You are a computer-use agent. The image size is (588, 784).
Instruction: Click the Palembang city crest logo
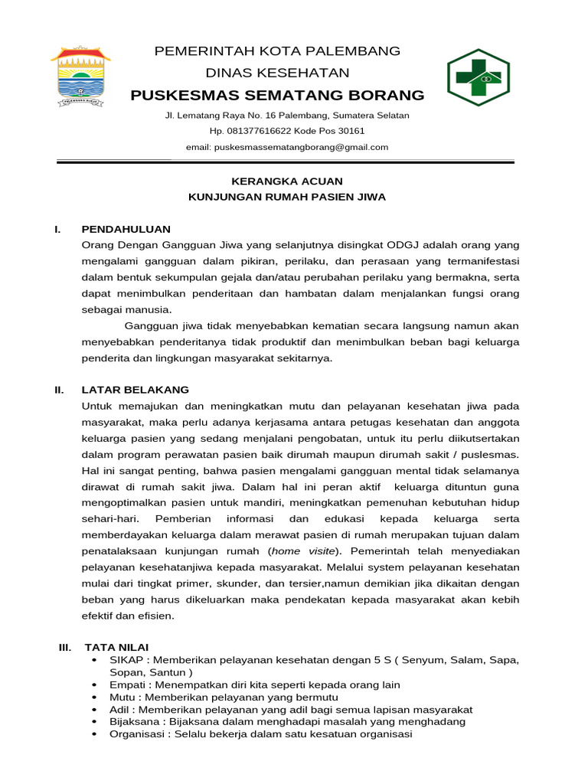(x=80, y=75)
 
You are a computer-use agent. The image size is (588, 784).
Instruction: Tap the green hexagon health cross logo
(x=479, y=77)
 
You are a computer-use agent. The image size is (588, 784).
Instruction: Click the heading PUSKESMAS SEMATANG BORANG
(x=277, y=95)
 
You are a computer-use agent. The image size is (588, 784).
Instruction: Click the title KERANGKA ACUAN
(x=287, y=181)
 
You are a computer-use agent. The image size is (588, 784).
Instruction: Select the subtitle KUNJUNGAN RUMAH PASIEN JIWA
(x=287, y=197)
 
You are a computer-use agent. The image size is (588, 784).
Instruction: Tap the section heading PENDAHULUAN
(x=126, y=229)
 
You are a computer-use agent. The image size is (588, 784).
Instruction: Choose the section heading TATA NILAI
(x=116, y=647)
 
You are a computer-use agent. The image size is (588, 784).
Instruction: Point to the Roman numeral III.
(x=64, y=647)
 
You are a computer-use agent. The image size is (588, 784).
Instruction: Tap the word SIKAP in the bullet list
(x=126, y=660)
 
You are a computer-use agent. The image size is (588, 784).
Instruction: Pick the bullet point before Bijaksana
(x=94, y=721)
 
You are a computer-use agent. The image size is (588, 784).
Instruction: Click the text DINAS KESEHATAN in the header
(x=277, y=73)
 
